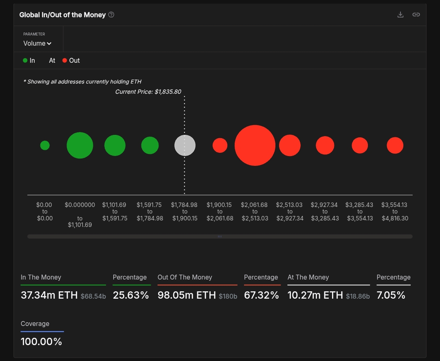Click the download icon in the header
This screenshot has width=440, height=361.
400,15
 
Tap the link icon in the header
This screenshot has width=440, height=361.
416,15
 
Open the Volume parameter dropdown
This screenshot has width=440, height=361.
37,43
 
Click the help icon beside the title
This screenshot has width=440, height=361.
111,15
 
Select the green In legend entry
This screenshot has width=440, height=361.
29,60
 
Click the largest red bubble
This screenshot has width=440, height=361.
255,145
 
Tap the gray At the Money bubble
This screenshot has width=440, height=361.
185,145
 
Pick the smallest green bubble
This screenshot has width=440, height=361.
45,145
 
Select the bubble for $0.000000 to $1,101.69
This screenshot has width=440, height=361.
80,145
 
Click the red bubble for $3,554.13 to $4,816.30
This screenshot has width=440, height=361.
395,145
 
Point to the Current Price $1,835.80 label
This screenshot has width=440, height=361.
148,92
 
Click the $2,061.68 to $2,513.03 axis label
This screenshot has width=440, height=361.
255,211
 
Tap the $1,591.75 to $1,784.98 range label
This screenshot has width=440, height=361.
150,211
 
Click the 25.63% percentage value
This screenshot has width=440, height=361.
131,295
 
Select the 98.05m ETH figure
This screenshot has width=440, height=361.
187,295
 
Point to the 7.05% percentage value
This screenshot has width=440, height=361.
391,295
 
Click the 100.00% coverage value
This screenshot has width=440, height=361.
41,341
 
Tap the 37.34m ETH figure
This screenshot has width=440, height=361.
49,295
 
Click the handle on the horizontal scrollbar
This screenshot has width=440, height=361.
220,236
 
